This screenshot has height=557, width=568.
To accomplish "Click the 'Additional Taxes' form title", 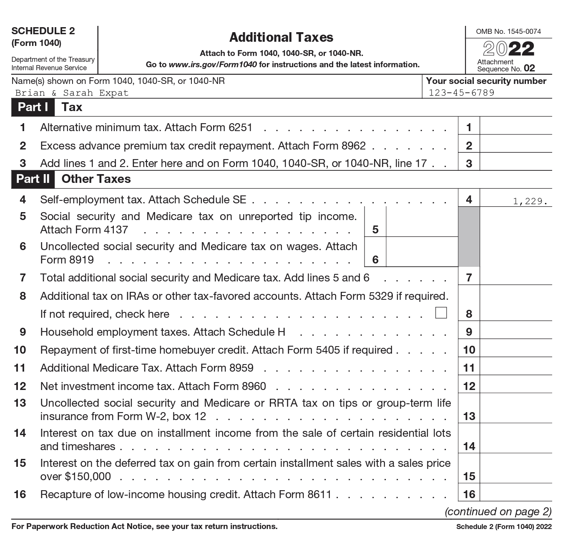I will point(281,38).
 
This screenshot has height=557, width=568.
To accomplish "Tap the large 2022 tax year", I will point(508,49).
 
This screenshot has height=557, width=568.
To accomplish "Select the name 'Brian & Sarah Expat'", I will point(72,93).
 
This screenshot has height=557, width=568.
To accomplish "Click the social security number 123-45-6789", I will point(461,93).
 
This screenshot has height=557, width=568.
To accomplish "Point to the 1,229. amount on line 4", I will point(530,201).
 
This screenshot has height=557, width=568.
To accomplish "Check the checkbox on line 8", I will point(441,313).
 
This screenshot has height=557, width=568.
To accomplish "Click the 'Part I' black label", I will point(33,107).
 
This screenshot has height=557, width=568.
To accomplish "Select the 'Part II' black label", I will point(33,179).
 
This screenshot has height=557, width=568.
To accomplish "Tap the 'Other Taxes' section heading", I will point(96,179).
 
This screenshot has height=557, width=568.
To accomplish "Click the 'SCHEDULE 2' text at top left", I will point(43,31).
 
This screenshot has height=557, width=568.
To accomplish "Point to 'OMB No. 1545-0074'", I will point(508,31).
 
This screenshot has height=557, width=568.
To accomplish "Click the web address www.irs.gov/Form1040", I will point(213,65).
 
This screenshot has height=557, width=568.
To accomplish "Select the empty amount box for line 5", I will point(422,222).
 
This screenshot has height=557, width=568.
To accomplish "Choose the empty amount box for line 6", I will point(422,252).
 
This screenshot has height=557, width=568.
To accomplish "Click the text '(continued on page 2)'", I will point(498,511).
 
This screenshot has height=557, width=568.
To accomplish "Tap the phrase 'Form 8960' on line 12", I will point(243,386).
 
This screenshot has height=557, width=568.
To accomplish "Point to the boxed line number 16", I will point(469,494).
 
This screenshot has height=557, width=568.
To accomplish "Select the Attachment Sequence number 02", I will point(529,68).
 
